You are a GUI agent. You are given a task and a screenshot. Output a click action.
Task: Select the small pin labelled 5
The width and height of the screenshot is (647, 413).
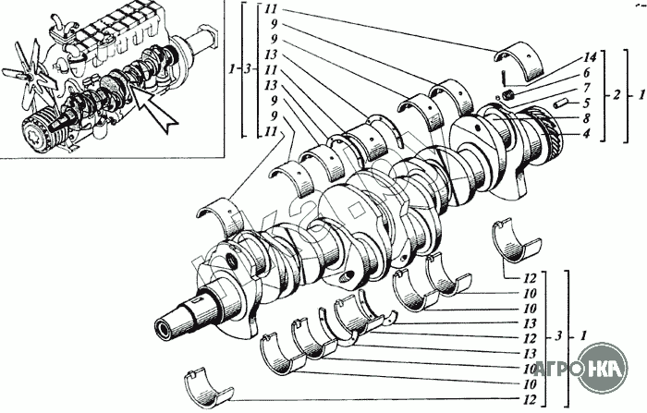560,103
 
